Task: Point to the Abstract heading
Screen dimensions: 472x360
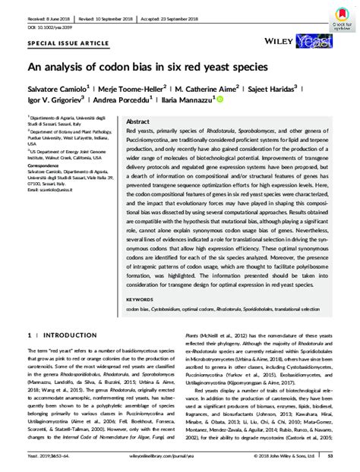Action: pyautogui.click(x=137, y=121)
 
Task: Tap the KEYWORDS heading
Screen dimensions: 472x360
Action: pyautogui.click(x=142, y=300)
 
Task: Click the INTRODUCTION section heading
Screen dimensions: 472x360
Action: pyautogui.click(x=69, y=334)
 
